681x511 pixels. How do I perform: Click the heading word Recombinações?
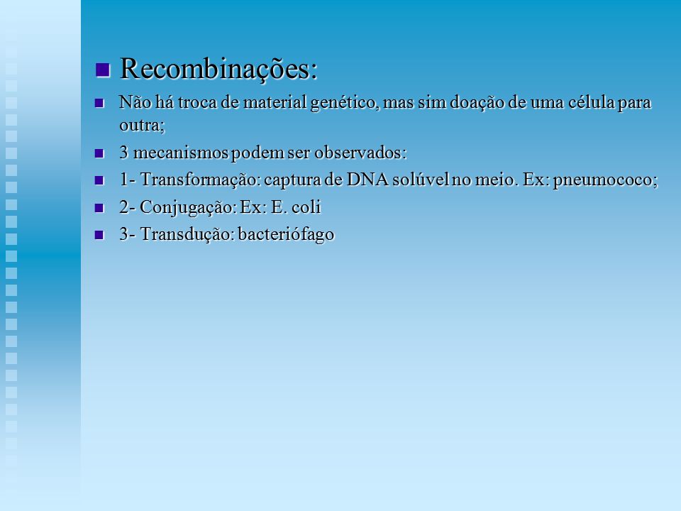point(218,69)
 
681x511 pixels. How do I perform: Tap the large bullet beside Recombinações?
point(102,70)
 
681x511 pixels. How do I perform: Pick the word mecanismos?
point(181,153)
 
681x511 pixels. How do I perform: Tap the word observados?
point(360,153)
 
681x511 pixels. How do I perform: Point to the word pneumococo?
point(605,180)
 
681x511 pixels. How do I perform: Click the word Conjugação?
point(189,207)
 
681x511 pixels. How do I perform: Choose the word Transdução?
point(187,234)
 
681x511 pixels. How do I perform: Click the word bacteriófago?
point(286,235)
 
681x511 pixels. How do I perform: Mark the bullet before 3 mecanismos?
point(99,153)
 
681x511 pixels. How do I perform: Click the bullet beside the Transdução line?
point(99,235)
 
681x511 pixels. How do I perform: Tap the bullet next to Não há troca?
point(99,103)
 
